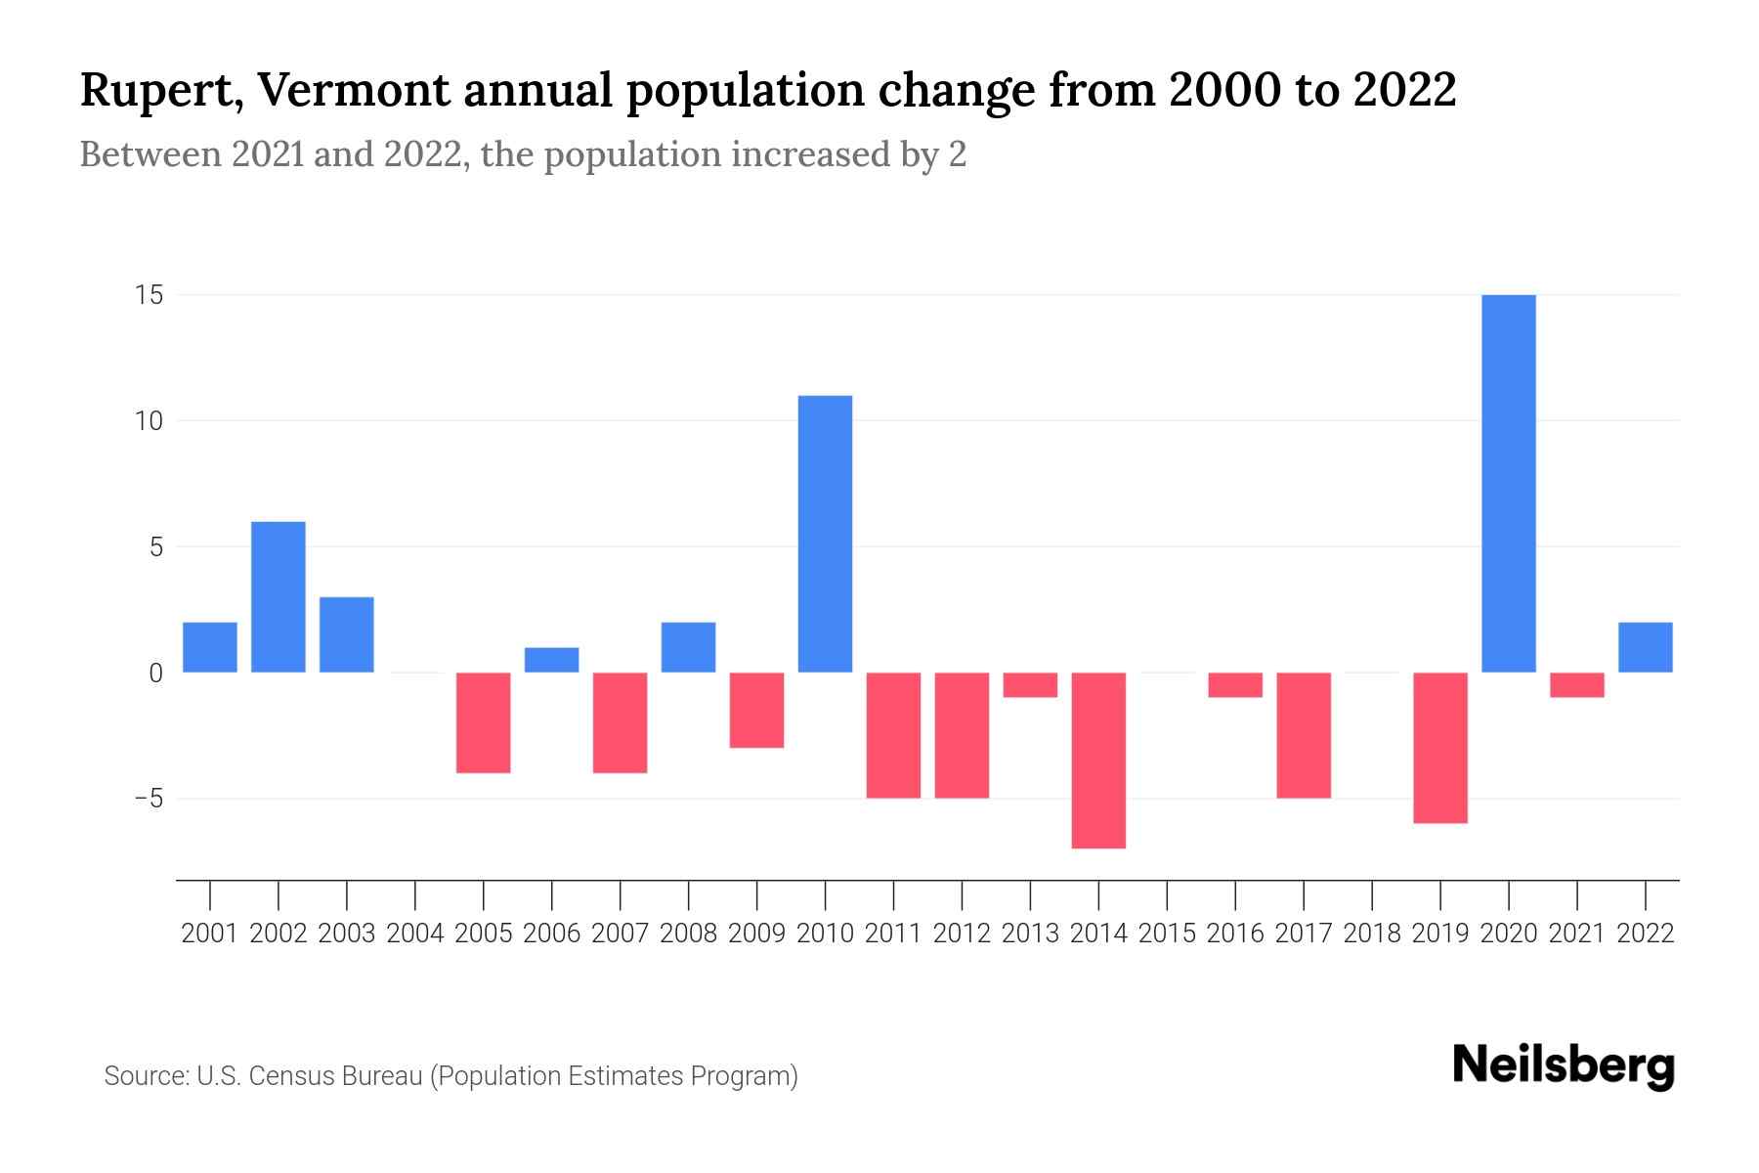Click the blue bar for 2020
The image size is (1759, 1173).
pyautogui.click(x=1509, y=484)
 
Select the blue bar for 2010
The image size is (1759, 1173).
pyautogui.click(x=825, y=534)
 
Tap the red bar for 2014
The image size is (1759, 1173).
pyautogui.click(x=1098, y=760)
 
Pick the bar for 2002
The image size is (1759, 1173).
pyautogui.click(x=279, y=597)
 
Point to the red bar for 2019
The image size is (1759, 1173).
pyautogui.click(x=1440, y=748)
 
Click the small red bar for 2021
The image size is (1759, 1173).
pyautogui.click(x=1577, y=685)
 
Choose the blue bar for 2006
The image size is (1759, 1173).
pyautogui.click(x=552, y=660)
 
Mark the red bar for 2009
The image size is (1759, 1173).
pyautogui.click(x=757, y=711)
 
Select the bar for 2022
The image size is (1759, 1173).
pyautogui.click(x=1646, y=647)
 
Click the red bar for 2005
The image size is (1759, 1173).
pyautogui.click(x=484, y=723)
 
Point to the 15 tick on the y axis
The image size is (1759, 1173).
pyautogui.click(x=149, y=295)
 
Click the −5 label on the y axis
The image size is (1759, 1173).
pyautogui.click(x=149, y=799)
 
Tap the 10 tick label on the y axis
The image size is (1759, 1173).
pyautogui.click(x=149, y=421)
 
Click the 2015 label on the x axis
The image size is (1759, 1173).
pyautogui.click(x=1167, y=934)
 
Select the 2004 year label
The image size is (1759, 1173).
pyautogui.click(x=415, y=934)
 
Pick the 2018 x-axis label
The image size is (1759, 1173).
pyautogui.click(x=1372, y=934)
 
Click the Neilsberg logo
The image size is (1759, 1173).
pyautogui.click(x=1564, y=1065)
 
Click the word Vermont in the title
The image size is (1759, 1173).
pyautogui.click(x=358, y=90)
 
